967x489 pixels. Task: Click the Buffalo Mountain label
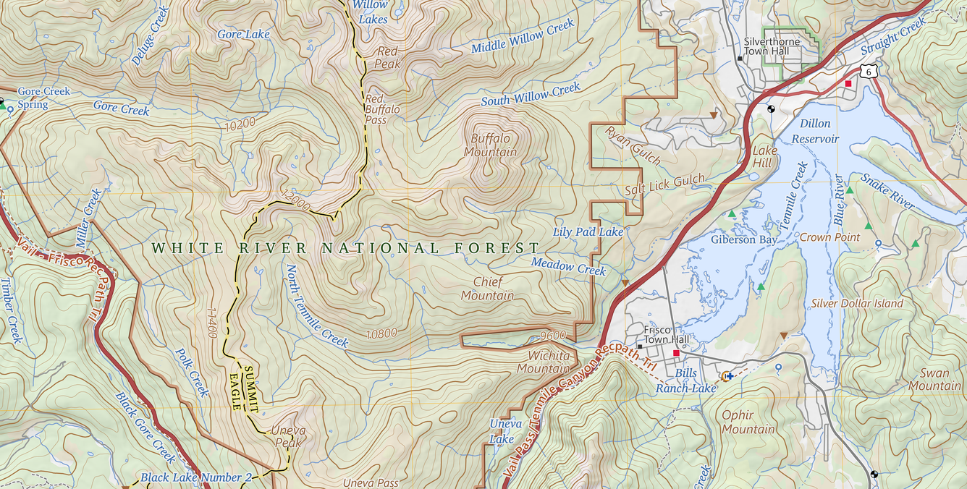[491, 145]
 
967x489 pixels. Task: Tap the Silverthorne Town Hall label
[772, 46]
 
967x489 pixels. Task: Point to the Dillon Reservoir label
[815, 132]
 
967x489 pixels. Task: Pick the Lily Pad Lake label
[588, 232]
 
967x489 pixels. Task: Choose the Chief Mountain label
[487, 289]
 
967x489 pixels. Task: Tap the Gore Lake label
[243, 34]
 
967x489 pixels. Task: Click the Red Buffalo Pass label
[382, 109]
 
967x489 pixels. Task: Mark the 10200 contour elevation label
[240, 124]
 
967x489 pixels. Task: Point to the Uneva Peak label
[288, 437]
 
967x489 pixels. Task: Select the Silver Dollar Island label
[857, 304]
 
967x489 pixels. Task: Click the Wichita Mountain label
[543, 362]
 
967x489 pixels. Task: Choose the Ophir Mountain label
[748, 422]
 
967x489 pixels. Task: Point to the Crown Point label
[829, 237]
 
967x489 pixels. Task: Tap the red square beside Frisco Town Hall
[676, 353]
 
